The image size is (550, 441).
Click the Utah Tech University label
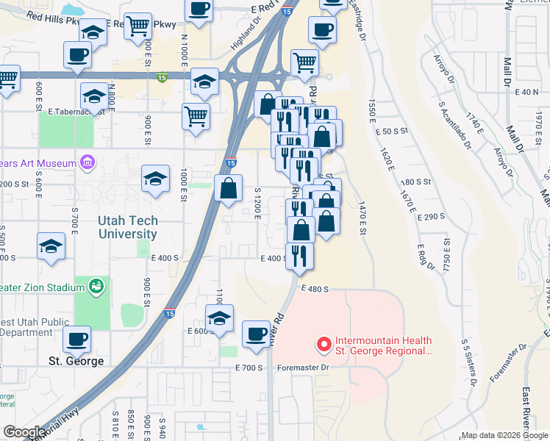tap(127, 227)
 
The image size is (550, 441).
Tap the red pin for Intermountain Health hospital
tap(322, 344)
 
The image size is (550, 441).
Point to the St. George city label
tap(76, 361)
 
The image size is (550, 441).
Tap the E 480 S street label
tap(313, 290)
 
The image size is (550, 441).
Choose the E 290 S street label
tap(431, 217)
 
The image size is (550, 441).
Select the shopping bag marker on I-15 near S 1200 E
tap(229, 188)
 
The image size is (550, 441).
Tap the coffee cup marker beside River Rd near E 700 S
tap(256, 334)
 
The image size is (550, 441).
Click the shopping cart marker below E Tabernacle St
tap(196, 116)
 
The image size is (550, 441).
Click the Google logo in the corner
tap(24, 432)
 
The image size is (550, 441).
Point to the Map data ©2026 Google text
tap(504, 435)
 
